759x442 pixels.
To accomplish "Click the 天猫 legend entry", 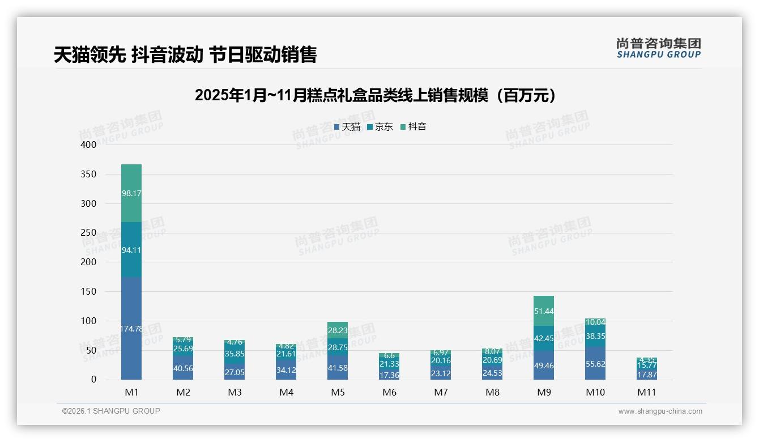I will pos(347,127).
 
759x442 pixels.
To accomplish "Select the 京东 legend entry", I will pos(380,127).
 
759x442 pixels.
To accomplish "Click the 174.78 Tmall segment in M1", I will pos(131,328).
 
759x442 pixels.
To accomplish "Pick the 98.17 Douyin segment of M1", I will pos(131,193).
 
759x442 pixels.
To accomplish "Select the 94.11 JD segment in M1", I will pos(131,249).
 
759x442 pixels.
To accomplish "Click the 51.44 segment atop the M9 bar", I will pos(544,311).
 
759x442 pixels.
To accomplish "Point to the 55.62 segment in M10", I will pos(595,364).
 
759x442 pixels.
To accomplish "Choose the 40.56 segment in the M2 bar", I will pos(183,368).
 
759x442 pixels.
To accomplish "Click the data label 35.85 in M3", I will pos(234,353).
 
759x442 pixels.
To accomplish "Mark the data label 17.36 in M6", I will pos(389,375).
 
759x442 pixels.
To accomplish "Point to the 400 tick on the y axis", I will pos(88,144).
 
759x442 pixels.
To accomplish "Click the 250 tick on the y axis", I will pos(88,233).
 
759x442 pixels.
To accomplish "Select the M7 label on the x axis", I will pos(441,392).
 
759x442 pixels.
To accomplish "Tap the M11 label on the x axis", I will pos(646,392).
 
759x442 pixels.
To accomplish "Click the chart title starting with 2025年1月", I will pos(375,95).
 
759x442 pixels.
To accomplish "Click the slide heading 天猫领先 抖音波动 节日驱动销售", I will pos(185,54).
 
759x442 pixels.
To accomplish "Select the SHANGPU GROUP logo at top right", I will pos(658,48).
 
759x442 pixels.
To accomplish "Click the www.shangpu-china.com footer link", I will pos(660,411).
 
